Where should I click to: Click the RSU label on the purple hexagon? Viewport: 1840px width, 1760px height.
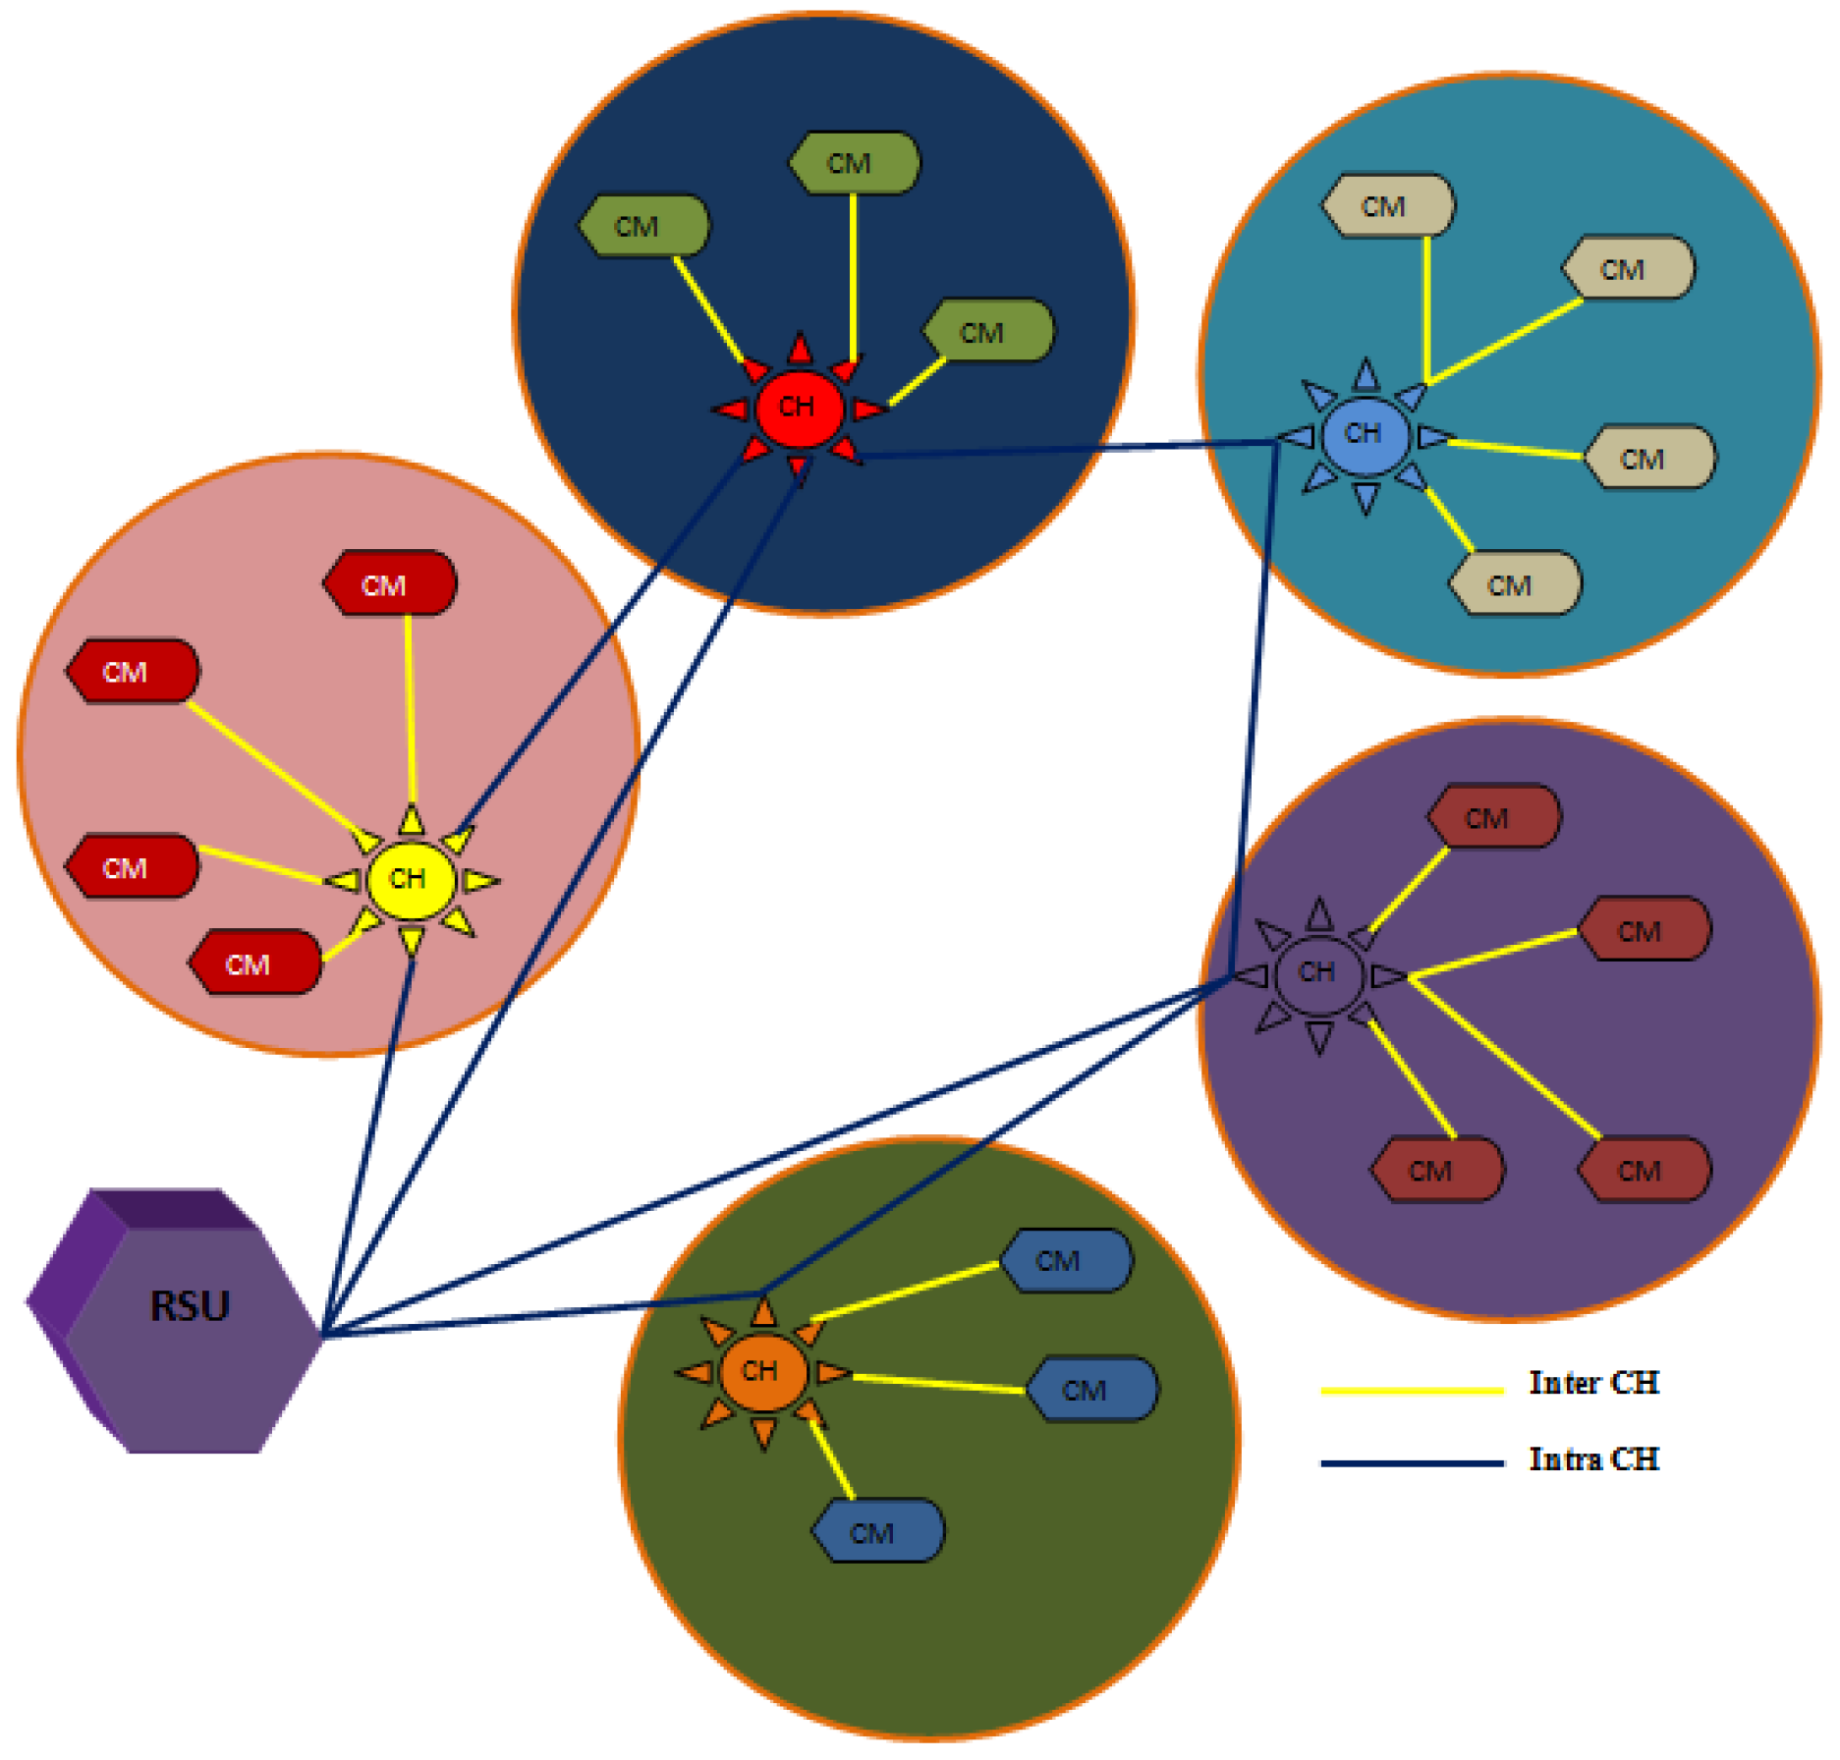click(190, 1306)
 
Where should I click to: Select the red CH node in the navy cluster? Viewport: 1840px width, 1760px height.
click(798, 407)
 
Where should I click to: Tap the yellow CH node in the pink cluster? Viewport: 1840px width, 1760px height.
click(410, 879)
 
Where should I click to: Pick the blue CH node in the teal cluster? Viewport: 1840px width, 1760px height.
click(1365, 433)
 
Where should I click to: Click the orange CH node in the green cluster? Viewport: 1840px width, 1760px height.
click(761, 1371)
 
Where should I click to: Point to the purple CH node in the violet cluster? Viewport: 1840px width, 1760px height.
click(1318, 972)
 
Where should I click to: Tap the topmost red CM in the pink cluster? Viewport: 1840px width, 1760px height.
click(389, 585)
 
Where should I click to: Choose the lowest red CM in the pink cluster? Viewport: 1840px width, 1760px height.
click(253, 964)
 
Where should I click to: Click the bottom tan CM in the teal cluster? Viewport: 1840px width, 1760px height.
click(1514, 585)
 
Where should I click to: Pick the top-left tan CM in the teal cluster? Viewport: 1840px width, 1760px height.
click(1387, 206)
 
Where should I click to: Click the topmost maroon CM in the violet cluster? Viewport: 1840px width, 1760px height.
click(1491, 818)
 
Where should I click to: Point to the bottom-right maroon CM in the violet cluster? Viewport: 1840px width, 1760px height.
click(1643, 1171)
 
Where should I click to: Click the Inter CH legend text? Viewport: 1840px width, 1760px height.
click(1593, 1384)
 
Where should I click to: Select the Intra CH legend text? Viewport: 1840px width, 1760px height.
click(1593, 1460)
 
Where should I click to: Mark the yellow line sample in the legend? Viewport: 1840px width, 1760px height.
click(1412, 1390)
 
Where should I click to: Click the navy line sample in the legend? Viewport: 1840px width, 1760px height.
click(1412, 1463)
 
